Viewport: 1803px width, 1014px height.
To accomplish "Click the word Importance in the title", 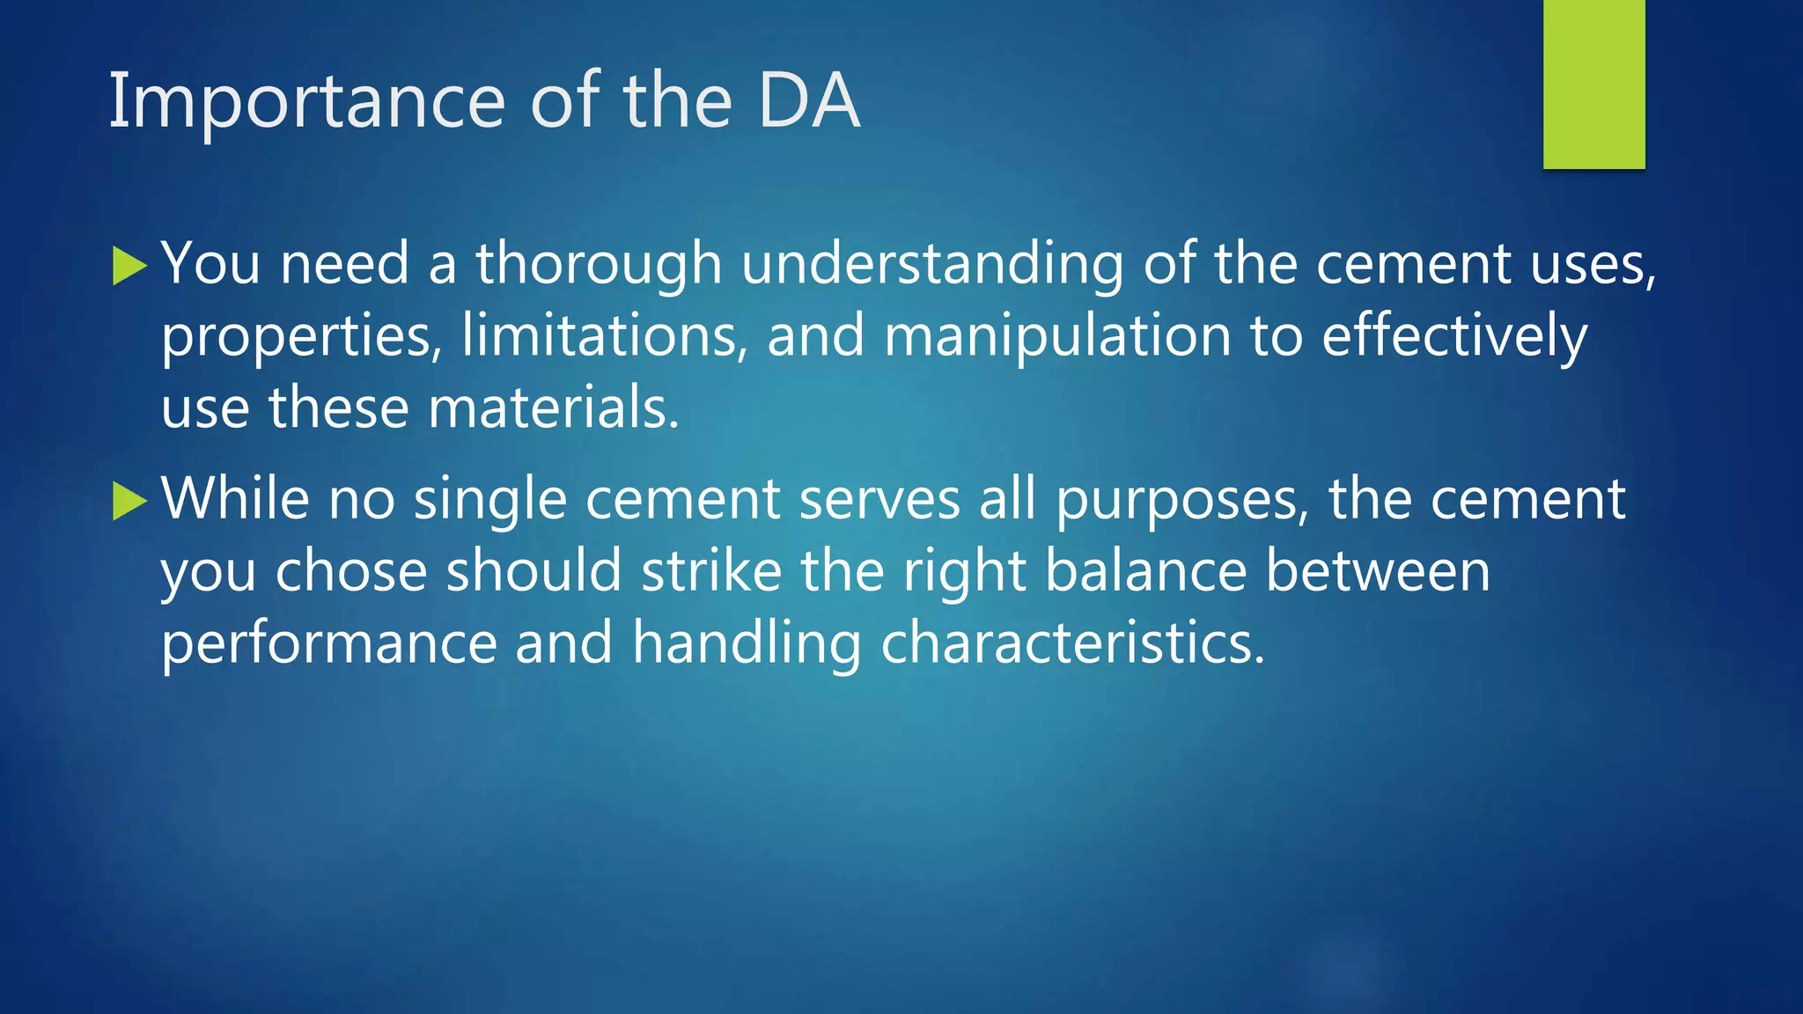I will [x=306, y=102].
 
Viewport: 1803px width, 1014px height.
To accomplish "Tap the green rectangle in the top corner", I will [x=1593, y=84].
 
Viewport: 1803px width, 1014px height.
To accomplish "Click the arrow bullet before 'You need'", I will [x=129, y=266].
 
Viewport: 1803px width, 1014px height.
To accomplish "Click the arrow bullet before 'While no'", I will [x=129, y=502].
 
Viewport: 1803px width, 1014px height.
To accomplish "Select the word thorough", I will [x=599, y=264].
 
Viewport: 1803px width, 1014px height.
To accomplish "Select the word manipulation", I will [x=1056, y=337].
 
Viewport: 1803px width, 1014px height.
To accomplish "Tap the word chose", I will [x=351, y=571].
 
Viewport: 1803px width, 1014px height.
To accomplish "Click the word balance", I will [x=1145, y=571].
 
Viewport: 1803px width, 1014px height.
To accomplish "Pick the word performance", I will [x=329, y=643].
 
